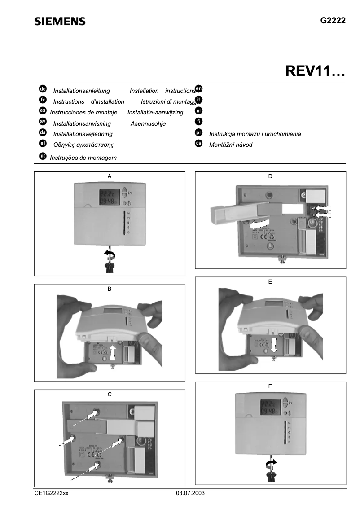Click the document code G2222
click(333, 21)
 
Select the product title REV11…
click(315, 72)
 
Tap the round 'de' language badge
click(43, 89)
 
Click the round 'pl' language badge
click(199, 133)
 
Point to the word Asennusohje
click(148, 123)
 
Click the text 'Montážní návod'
click(231, 145)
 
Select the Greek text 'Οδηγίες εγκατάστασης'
click(83, 145)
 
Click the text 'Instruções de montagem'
click(83, 158)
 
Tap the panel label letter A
click(110, 177)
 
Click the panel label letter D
click(270, 177)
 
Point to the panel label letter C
click(110, 395)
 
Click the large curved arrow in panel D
click(259, 223)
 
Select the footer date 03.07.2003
click(190, 493)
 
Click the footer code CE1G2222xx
click(52, 493)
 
